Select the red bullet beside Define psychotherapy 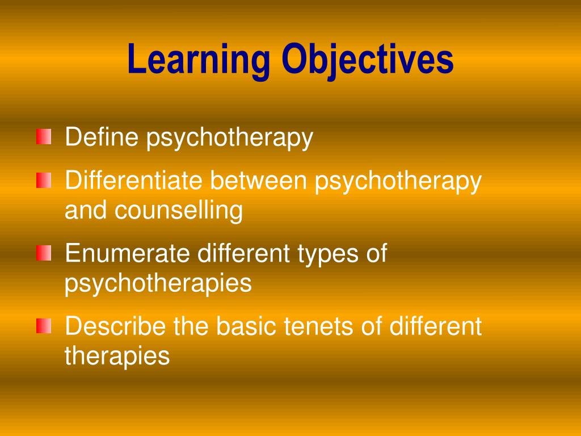44,137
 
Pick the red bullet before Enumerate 44,253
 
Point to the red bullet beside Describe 44,326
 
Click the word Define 102,137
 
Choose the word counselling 179,211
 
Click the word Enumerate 127,253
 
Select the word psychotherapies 158,283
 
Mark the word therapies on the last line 117,356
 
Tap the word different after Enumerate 243,253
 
